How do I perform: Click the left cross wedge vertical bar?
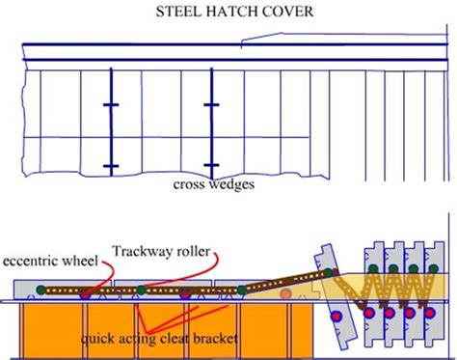pyautogui.click(x=111, y=135)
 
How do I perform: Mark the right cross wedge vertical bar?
pyautogui.click(x=211, y=135)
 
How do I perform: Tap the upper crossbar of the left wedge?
pyautogui.click(x=111, y=104)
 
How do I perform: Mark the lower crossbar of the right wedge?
pyautogui.click(x=211, y=166)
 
